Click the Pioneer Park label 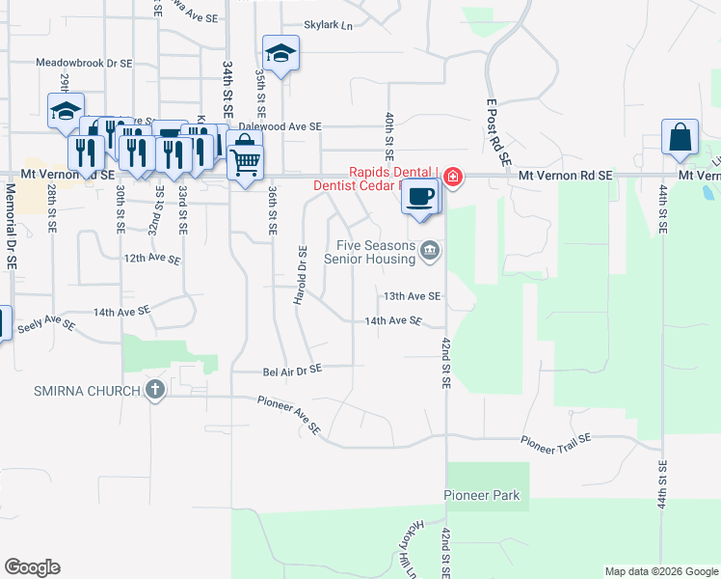(482, 496)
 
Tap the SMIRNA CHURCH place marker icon (154, 391)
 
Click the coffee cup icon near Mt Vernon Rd (419, 196)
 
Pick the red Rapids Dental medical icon (452, 177)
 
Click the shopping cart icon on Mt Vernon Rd (246, 164)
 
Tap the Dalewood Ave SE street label (280, 126)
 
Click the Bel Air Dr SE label (292, 370)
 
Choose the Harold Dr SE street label (302, 275)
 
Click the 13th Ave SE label (412, 296)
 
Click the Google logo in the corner (32, 567)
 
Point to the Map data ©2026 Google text (660, 571)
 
